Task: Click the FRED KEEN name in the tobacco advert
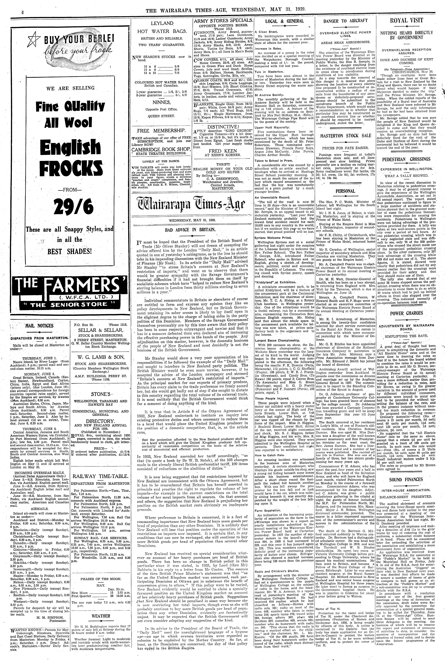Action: (x=223, y=151)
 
